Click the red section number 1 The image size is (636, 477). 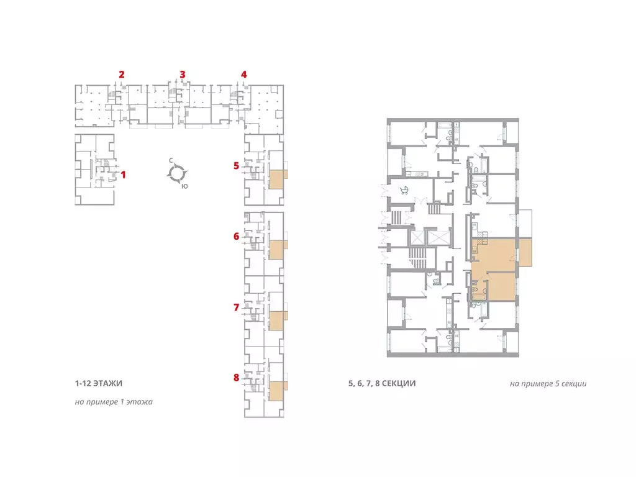point(124,175)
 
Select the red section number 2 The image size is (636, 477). point(122,75)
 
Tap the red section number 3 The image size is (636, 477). point(183,75)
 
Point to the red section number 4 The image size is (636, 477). point(243,75)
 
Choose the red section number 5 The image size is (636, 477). point(237,165)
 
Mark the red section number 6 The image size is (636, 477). point(237,236)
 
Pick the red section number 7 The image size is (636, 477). point(237,307)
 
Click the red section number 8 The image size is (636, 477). point(237,378)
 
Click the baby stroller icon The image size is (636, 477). point(404,190)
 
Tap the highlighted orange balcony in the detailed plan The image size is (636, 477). point(525,252)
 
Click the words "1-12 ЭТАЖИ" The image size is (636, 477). point(99,383)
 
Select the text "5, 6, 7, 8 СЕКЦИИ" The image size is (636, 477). point(382,383)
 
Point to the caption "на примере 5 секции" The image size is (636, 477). point(548,384)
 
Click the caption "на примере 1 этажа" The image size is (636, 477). point(114,402)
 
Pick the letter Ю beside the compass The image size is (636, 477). point(184,186)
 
